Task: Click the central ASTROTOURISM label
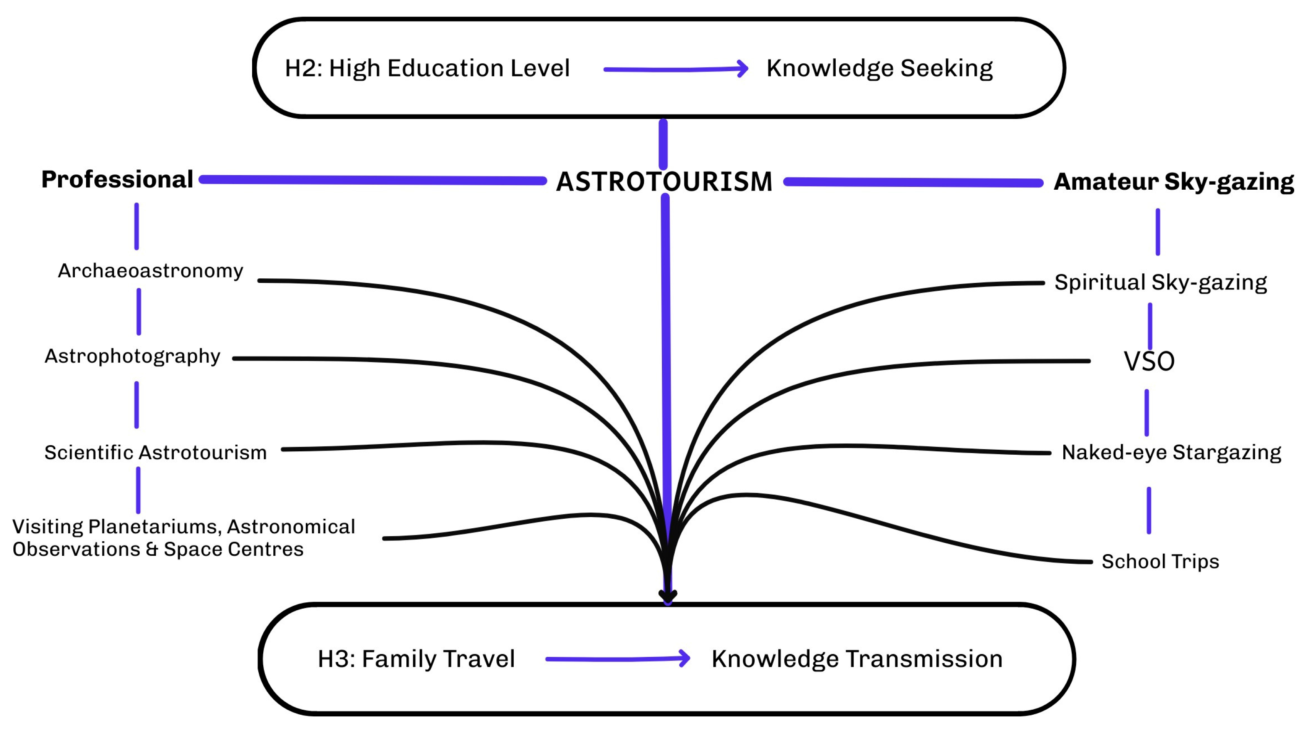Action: click(664, 182)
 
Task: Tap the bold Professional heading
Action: click(117, 179)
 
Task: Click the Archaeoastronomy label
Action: click(151, 271)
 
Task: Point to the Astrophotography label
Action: click(133, 356)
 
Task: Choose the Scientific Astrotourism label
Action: click(156, 452)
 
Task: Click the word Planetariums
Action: click(154, 527)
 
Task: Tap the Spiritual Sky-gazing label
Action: click(1160, 282)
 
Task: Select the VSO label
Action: click(1149, 362)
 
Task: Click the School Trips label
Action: click(1160, 561)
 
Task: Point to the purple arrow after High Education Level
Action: click(676, 69)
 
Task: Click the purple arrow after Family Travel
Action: click(617, 659)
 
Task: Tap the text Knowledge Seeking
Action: click(879, 68)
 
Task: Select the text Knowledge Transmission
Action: click(857, 659)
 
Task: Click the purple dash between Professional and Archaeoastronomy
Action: click(136, 226)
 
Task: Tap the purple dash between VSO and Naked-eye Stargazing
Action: click(1147, 413)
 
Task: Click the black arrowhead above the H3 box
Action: click(668, 596)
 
